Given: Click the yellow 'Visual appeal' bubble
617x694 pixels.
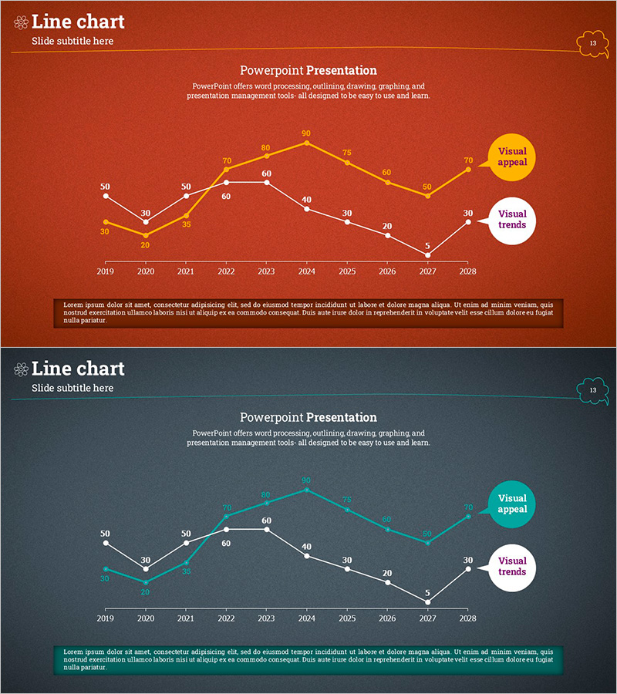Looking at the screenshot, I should point(511,157).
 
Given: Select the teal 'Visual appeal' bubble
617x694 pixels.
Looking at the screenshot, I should point(511,504).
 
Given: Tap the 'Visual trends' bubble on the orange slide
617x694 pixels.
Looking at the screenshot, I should point(511,220).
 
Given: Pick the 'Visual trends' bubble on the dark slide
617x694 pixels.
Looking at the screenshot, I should point(511,567).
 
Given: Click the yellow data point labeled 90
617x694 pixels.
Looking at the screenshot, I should point(306,143).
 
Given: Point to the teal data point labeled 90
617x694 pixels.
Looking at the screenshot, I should point(306,490).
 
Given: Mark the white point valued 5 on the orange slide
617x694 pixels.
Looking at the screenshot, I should point(427,255).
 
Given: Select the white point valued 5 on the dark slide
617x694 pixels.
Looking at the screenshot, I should point(427,602).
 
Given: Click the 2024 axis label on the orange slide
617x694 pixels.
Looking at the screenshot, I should point(306,271).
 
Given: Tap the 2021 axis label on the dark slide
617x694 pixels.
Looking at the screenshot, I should point(186,618).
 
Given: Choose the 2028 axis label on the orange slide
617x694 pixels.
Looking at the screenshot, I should point(467,271).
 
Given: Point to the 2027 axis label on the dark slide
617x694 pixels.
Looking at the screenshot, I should point(427,618).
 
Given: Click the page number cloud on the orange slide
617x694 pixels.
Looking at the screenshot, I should point(592,43).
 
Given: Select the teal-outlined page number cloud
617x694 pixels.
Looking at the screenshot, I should point(592,390).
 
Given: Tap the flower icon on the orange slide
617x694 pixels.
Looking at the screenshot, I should point(21,23).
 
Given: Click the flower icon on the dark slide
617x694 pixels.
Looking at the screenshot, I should point(21,370).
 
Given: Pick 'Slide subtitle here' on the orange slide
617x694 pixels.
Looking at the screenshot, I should point(72,41).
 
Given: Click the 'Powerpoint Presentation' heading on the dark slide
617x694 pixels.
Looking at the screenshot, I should point(308,417).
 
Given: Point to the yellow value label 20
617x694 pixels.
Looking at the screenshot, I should point(145,245).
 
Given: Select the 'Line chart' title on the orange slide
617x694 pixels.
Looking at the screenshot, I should point(78,22).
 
